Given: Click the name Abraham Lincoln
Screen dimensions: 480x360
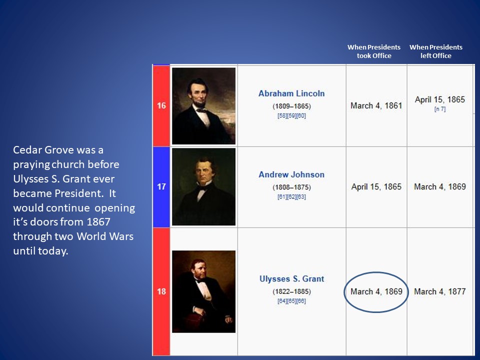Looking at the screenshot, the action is (x=291, y=93).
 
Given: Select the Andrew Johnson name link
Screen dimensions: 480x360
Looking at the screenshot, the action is (x=291, y=174).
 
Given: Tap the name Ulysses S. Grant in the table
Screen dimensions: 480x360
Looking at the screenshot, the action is (x=291, y=279).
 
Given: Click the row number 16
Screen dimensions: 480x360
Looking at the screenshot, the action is (x=161, y=105).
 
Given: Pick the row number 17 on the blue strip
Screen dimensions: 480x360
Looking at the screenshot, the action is (x=161, y=186).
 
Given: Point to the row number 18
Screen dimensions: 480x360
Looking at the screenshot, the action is (x=161, y=291).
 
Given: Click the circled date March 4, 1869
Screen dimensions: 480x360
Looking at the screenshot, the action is (x=376, y=291).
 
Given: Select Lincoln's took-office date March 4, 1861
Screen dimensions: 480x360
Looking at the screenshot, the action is (x=376, y=105).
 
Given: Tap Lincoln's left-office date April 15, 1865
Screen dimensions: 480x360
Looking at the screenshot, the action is (x=440, y=99).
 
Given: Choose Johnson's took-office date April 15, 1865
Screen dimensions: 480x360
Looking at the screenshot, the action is (x=376, y=186).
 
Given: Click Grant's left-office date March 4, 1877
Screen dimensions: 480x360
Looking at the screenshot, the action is (x=440, y=291).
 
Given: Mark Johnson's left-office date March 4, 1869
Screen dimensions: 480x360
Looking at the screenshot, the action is (x=440, y=186).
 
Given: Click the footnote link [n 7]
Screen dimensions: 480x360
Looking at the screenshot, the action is (x=440, y=109).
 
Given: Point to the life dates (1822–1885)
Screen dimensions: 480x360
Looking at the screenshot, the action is (x=291, y=291).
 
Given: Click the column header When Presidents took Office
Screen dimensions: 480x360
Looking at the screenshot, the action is (x=374, y=51).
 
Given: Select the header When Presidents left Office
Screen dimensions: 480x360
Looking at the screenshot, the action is (x=436, y=51).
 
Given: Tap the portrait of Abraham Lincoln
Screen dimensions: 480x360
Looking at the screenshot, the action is (x=203, y=106).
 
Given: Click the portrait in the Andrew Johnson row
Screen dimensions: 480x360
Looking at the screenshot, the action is (x=203, y=186).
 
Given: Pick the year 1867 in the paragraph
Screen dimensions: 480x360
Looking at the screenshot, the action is (x=98, y=221).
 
